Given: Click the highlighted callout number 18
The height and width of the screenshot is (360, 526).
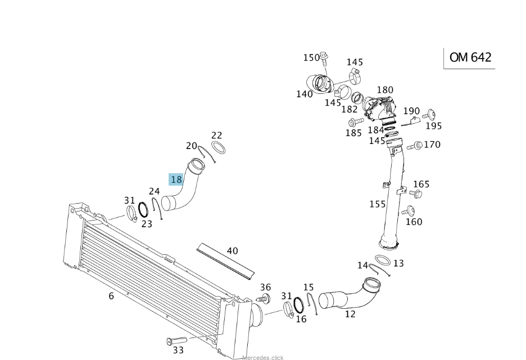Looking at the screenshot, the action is coord(176,179).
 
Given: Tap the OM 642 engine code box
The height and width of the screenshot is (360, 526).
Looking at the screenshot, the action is coord(470,58).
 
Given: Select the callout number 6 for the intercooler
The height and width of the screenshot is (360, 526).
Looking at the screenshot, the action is coord(111,296).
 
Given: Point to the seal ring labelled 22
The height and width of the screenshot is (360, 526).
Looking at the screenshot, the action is coord(219,147).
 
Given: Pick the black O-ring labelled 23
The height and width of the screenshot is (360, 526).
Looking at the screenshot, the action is coord(143,210).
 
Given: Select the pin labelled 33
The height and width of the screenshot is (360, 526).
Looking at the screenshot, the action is coord(176,341).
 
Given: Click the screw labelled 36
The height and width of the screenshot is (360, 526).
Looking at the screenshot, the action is coord(264,298).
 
